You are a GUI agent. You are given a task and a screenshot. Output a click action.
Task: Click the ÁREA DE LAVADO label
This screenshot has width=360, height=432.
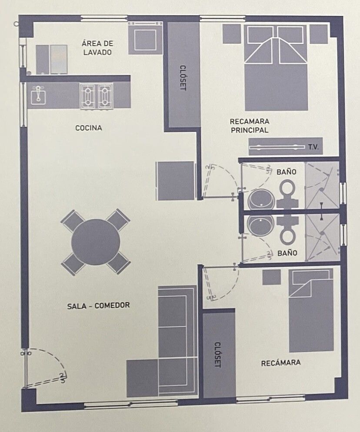(97, 48)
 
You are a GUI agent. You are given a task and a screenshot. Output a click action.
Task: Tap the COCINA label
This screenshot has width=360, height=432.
(89, 128)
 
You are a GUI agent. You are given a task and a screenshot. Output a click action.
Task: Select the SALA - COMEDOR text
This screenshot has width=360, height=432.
(98, 306)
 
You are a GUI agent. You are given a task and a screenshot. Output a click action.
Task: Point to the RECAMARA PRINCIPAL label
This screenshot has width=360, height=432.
(250, 126)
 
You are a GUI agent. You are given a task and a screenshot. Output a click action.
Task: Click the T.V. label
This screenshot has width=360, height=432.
(313, 147)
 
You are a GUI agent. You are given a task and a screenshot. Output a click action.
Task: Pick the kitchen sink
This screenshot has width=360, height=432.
(38, 95)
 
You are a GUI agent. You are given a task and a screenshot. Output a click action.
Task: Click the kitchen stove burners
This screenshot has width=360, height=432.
(97, 97)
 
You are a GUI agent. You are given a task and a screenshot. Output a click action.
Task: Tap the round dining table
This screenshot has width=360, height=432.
(96, 242)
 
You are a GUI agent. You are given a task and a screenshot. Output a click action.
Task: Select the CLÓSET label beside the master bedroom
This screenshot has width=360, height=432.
(183, 78)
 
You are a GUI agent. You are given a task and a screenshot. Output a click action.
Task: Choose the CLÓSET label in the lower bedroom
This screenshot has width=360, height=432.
(218, 355)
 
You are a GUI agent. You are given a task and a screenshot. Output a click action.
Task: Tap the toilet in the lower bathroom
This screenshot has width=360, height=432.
(287, 231)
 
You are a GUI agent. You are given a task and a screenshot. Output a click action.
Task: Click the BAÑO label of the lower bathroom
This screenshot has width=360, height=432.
(287, 253)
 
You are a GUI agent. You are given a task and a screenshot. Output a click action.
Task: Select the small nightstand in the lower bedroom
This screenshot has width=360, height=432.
(271, 277)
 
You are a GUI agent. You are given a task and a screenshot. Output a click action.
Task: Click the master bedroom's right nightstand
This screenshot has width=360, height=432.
(319, 34)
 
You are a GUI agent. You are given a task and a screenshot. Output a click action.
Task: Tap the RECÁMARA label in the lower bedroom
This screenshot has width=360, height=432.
(280, 363)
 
